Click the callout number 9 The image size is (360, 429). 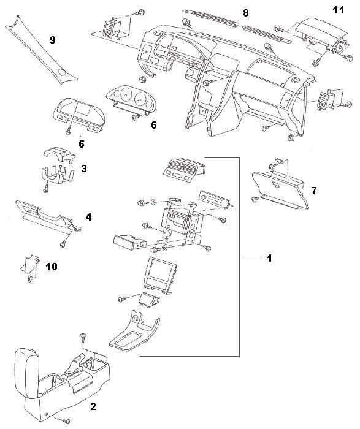(52, 40)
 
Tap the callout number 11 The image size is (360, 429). (338, 10)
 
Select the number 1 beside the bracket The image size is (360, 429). (269, 258)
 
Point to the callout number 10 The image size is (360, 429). (52, 267)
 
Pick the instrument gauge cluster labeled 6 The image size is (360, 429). (130, 101)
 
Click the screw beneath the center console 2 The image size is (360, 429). (66, 420)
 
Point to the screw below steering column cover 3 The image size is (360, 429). (46, 190)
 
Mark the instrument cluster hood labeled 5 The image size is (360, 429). (79, 115)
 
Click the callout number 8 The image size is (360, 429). (246, 13)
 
